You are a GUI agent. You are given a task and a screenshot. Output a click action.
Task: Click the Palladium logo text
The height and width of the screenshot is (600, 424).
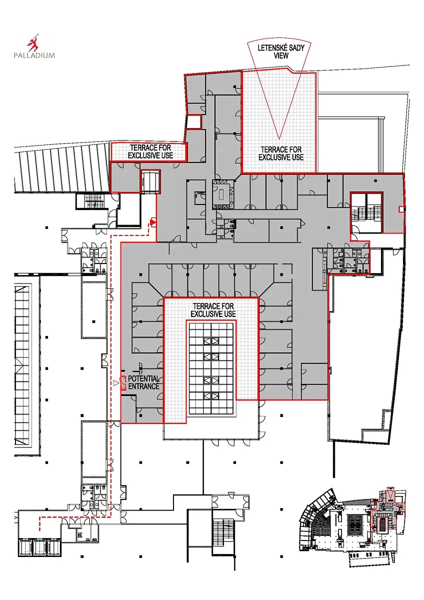pos(34,55)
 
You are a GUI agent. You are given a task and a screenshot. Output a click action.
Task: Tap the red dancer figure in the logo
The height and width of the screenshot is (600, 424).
pos(33,42)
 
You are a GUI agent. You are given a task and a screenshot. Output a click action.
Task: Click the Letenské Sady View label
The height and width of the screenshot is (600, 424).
pos(281,51)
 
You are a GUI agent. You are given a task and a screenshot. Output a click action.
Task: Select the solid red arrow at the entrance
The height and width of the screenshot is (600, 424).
pos(152,222)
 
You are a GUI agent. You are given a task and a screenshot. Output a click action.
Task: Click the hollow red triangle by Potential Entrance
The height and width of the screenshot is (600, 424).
pos(115,383)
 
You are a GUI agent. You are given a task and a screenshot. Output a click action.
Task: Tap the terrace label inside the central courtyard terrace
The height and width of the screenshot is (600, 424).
pos(213,310)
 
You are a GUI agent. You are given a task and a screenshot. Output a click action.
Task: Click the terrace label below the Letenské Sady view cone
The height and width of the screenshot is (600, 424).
pos(281,153)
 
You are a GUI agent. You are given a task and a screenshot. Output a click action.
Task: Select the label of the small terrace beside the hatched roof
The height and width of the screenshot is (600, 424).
pos(150,151)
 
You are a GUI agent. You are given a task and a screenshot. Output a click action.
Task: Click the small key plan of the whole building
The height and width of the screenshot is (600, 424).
pos(352,525)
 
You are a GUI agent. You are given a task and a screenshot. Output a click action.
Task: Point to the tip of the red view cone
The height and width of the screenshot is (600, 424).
pos(279,139)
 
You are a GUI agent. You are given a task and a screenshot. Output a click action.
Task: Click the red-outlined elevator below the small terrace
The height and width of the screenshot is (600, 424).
pos(150,181)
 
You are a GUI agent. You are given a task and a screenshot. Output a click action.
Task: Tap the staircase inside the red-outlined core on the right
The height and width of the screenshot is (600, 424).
pos(366,212)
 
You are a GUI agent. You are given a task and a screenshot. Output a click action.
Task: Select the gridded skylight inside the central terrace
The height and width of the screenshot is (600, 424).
pos(211,369)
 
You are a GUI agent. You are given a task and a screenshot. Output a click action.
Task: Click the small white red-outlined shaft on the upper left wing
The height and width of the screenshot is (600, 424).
pos(194,122)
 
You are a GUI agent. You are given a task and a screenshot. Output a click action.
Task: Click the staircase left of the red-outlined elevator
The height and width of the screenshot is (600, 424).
pos(92,201)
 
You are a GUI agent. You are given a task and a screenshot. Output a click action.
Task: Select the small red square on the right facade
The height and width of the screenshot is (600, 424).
pos(401,209)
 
